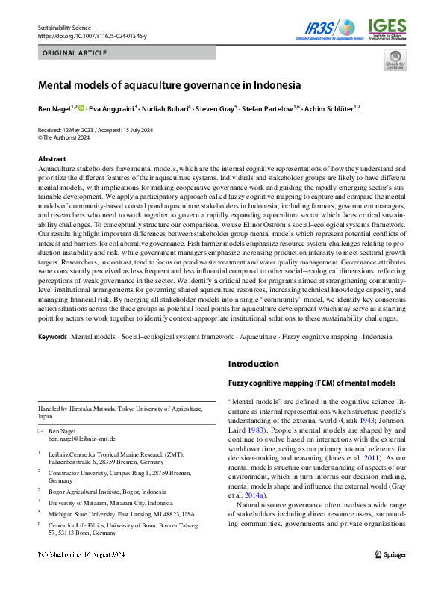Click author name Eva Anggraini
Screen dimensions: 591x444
click(x=115, y=108)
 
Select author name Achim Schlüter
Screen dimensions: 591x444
click(x=332, y=108)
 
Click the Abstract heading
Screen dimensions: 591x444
click(x=51, y=159)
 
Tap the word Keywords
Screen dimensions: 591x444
click(x=52, y=338)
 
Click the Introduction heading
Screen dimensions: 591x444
click(x=254, y=365)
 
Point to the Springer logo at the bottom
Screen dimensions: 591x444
click(x=390, y=576)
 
